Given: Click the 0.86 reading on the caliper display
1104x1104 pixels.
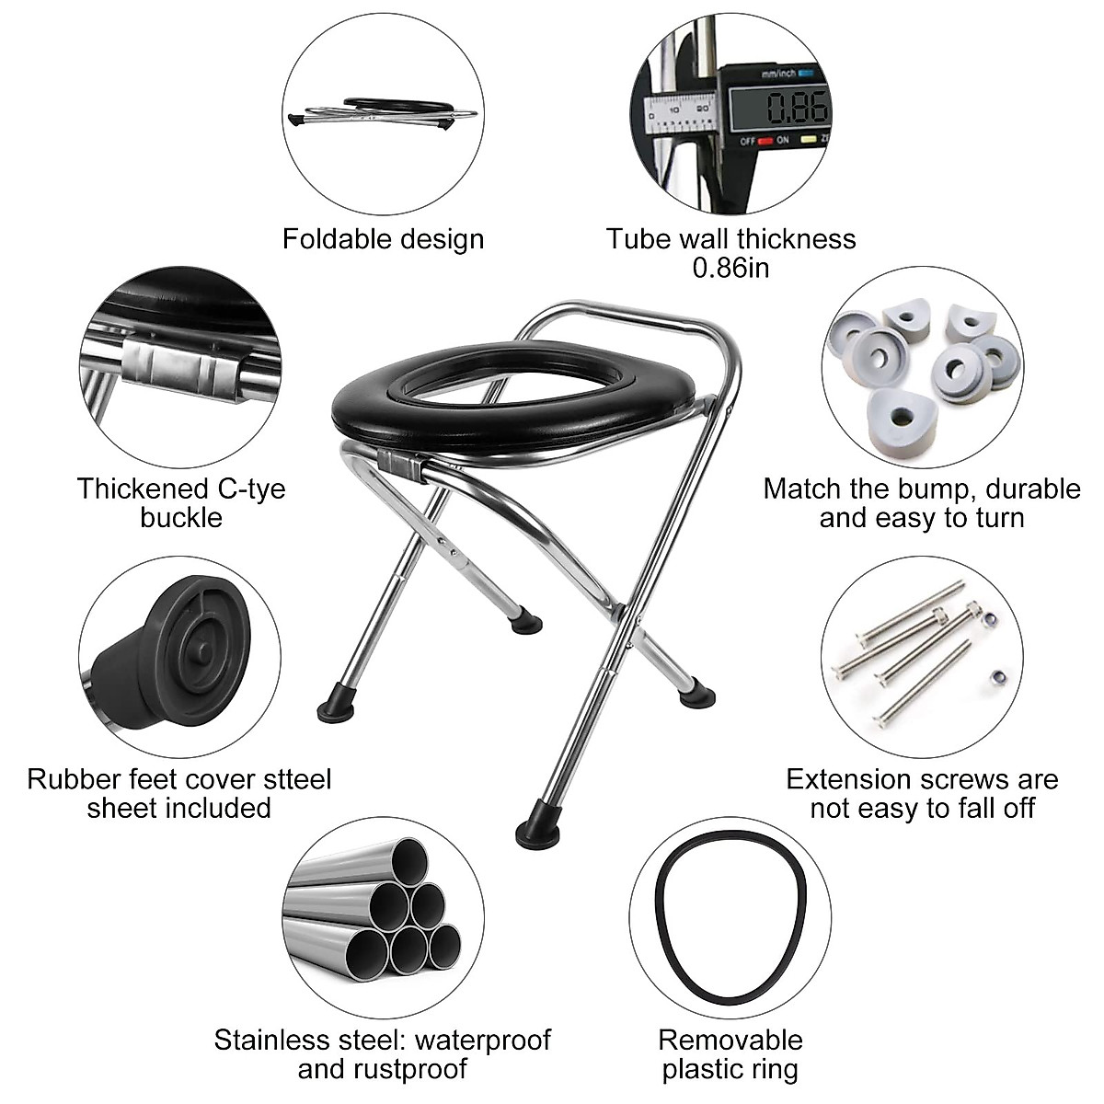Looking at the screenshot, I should (798, 108).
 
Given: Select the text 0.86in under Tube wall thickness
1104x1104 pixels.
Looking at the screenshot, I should (730, 268).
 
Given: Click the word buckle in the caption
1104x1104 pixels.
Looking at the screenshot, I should (181, 517).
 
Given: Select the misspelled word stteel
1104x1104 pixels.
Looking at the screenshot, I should (293, 779).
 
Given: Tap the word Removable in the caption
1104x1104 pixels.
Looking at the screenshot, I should (730, 1041).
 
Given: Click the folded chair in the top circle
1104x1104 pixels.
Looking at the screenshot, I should (382, 111).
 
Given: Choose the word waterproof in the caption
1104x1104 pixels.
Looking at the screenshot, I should (482, 1041).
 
